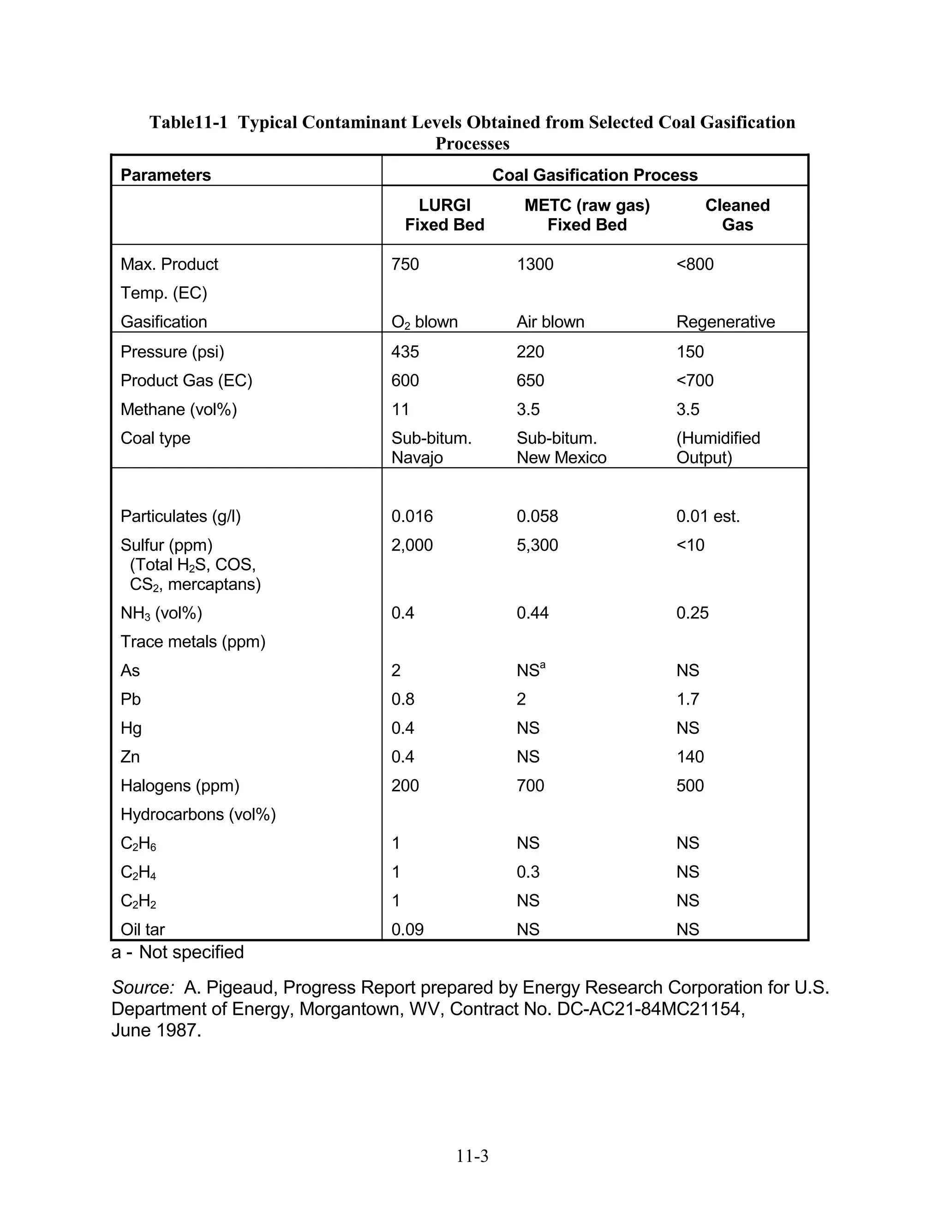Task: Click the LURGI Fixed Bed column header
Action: (x=444, y=215)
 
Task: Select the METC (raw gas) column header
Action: (x=587, y=215)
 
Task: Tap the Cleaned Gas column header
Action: (x=737, y=215)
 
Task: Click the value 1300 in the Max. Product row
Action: (x=535, y=264)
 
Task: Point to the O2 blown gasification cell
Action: (x=425, y=322)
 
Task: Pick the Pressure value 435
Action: (x=405, y=352)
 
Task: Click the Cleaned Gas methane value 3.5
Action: (x=688, y=409)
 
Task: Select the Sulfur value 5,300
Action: (x=537, y=545)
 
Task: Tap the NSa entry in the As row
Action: (x=530, y=670)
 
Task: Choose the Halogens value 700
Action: (x=530, y=786)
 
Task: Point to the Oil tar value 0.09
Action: (x=407, y=929)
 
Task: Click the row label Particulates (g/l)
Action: (x=180, y=516)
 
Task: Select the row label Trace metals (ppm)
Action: (x=192, y=642)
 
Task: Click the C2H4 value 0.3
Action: (x=528, y=872)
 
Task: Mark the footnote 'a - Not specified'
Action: (x=178, y=952)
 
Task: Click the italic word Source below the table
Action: (x=143, y=988)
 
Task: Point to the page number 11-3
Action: (x=472, y=1156)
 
